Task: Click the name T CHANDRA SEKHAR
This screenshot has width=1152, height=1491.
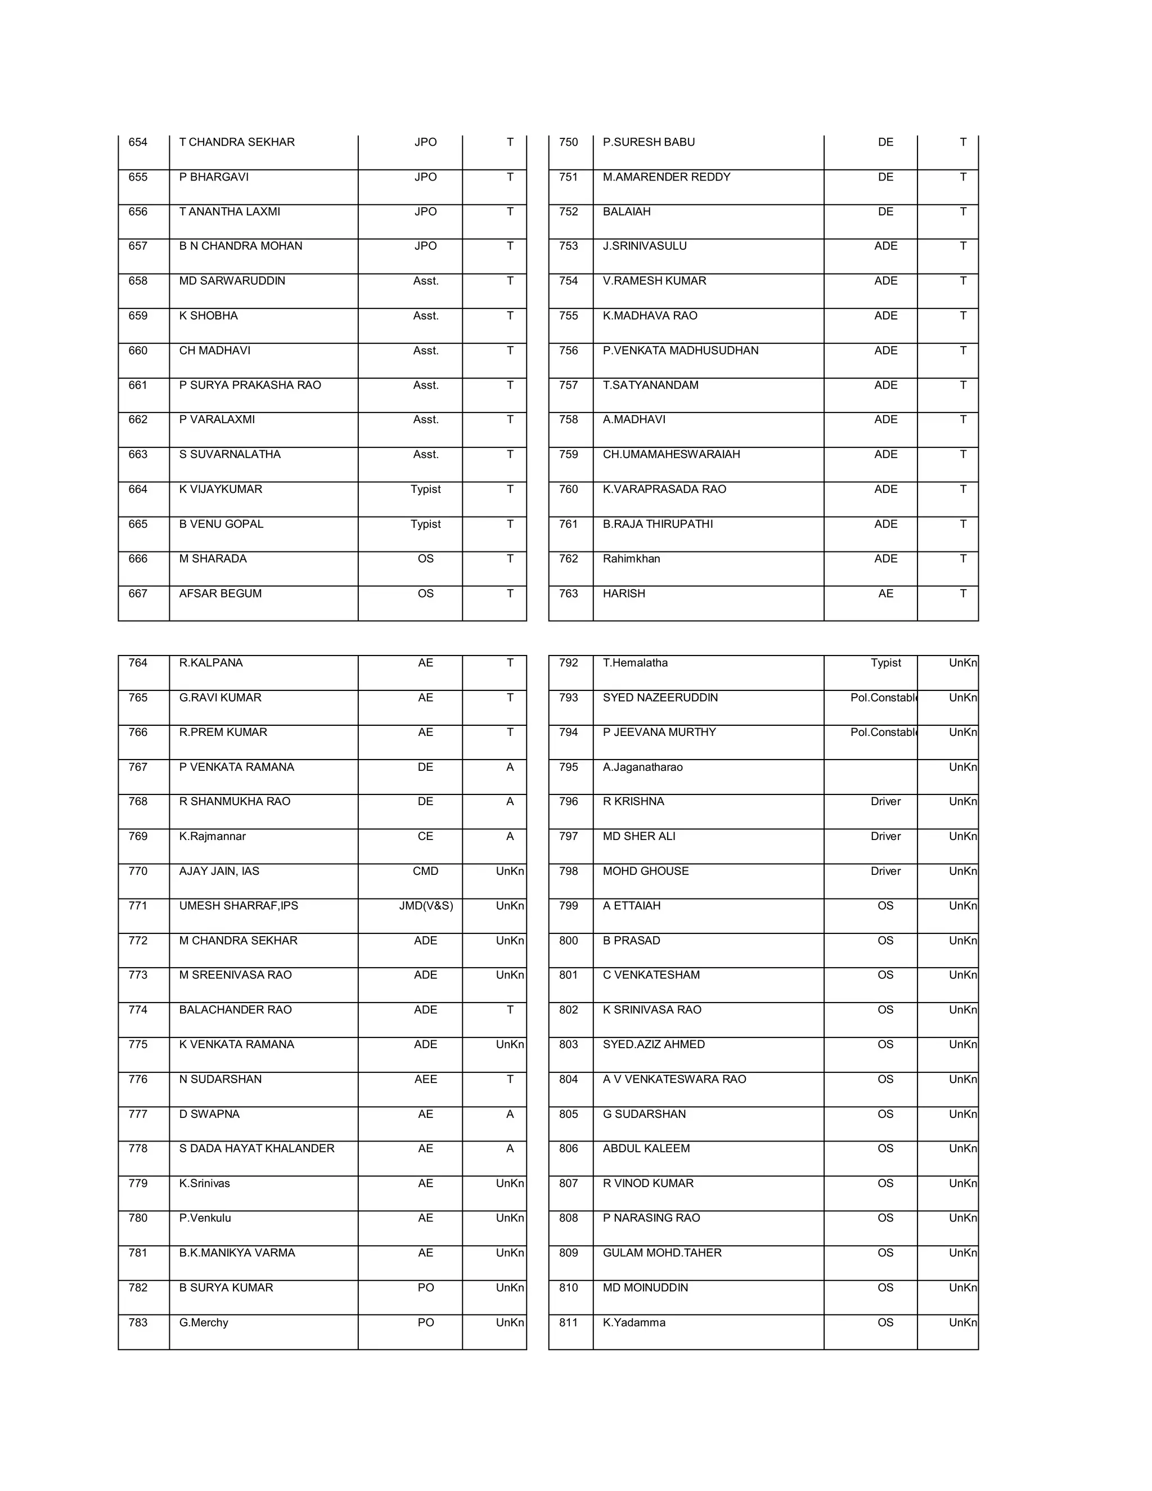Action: (237, 142)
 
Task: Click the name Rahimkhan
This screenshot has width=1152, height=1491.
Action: (631, 559)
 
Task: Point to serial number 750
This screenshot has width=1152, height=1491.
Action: (569, 142)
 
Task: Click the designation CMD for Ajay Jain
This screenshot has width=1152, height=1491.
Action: (425, 871)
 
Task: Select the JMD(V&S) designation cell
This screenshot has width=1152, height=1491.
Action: (426, 906)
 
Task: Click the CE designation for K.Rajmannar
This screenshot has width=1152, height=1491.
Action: (425, 836)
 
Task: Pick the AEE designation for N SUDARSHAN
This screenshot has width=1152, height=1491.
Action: (425, 1079)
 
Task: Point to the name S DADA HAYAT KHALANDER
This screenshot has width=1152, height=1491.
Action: (256, 1149)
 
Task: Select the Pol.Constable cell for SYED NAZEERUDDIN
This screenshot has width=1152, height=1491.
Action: (883, 698)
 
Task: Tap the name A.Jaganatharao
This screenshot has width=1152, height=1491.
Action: (643, 767)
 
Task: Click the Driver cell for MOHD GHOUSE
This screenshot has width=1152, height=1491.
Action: (886, 871)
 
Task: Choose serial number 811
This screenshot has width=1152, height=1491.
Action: (569, 1323)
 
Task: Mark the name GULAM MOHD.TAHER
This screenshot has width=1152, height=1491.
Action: (662, 1254)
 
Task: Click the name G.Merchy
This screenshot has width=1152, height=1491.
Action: (204, 1323)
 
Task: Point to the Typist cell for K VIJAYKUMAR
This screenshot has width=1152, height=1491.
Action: (425, 489)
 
